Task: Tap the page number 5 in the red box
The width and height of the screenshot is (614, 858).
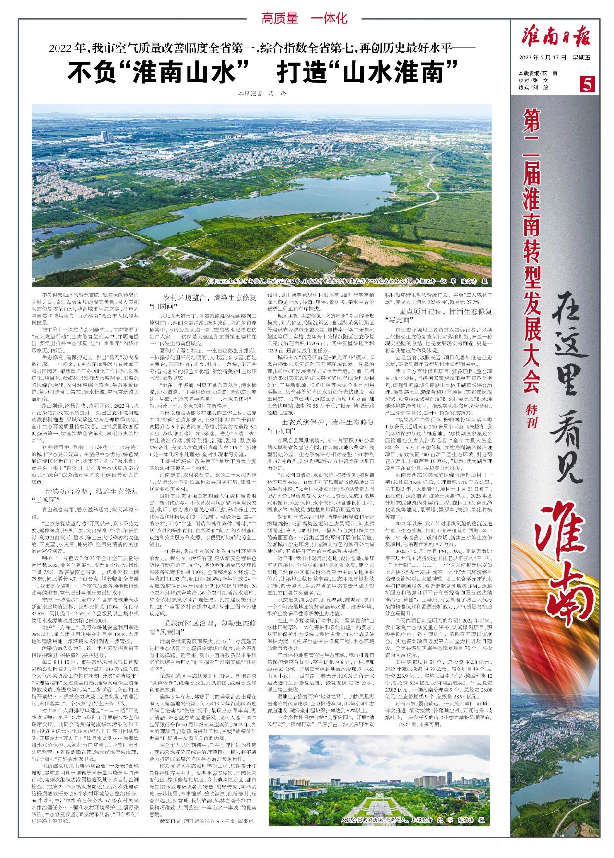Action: point(587,84)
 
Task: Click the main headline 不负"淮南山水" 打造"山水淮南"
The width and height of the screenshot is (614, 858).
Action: point(262,73)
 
